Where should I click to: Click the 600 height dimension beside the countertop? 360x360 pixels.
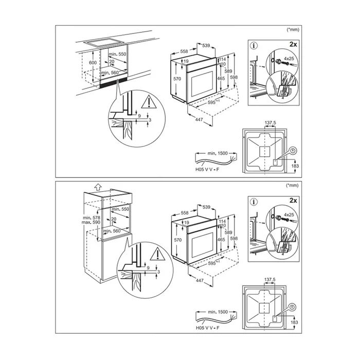point(93,63)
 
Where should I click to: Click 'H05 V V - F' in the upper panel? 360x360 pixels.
point(203,170)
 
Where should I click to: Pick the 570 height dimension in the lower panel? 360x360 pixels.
point(176,240)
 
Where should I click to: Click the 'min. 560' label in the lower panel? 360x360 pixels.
point(111,231)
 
